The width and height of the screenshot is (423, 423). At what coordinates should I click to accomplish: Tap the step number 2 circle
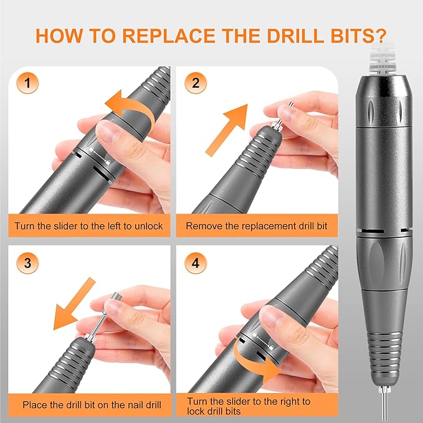tap(195, 83)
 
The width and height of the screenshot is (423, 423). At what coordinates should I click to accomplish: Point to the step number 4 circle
tap(195, 262)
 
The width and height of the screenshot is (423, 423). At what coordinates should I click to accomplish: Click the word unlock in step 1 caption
tap(146, 226)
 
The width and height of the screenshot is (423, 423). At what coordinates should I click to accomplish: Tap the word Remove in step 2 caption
tap(203, 226)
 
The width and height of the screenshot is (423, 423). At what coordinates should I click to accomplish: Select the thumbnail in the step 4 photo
tap(275, 320)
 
